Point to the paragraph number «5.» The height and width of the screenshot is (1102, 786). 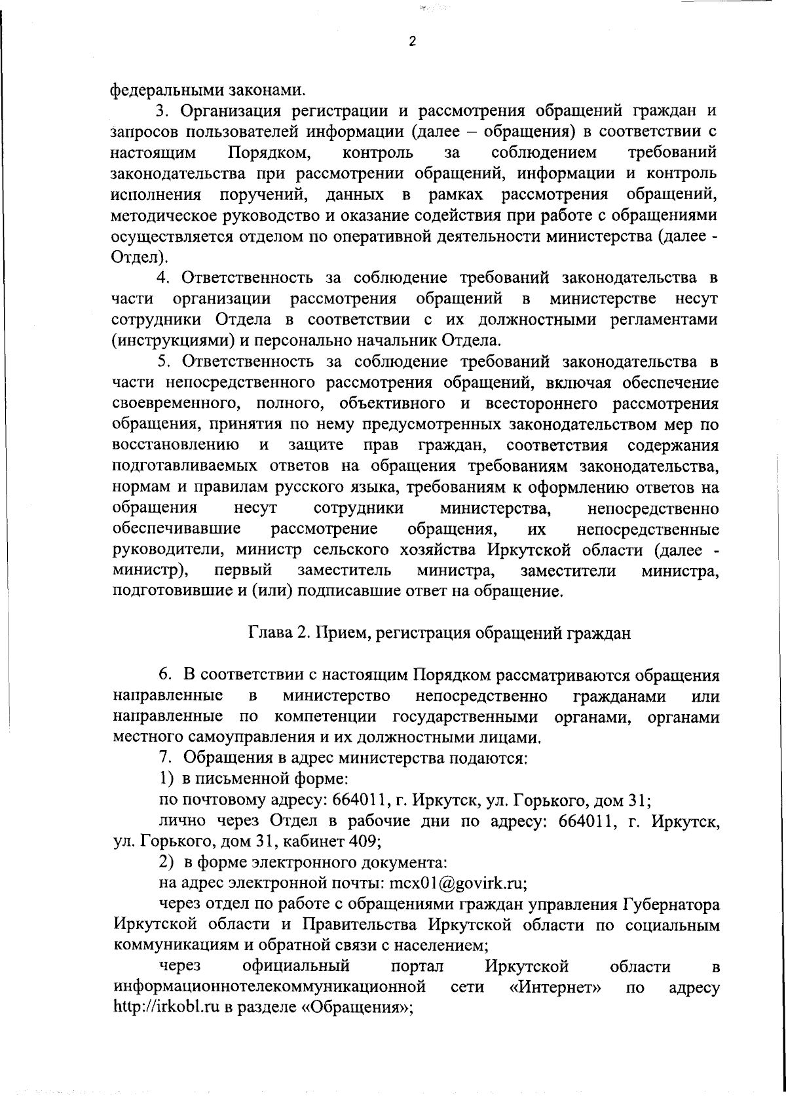pyautogui.click(x=165, y=362)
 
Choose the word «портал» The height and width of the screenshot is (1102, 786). pyautogui.click(x=417, y=966)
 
